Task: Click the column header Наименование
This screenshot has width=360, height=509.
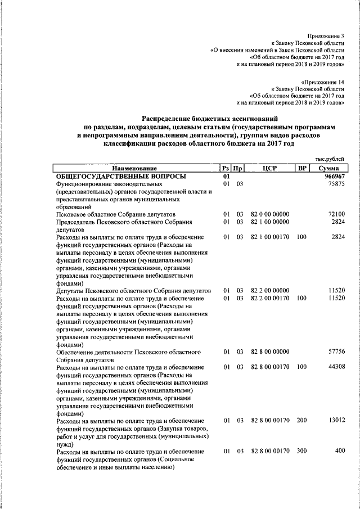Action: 134,168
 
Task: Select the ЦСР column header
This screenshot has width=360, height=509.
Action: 270,168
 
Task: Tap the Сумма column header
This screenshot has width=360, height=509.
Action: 327,168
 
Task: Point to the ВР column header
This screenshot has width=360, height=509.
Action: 301,168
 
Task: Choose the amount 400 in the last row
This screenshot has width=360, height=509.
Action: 339,452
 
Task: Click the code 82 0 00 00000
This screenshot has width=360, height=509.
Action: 270,214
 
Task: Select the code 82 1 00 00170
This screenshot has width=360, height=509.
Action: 270,237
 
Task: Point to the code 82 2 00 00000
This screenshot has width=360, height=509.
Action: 270,291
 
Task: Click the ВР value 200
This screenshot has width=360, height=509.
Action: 301,421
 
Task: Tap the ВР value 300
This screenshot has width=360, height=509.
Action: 301,452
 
